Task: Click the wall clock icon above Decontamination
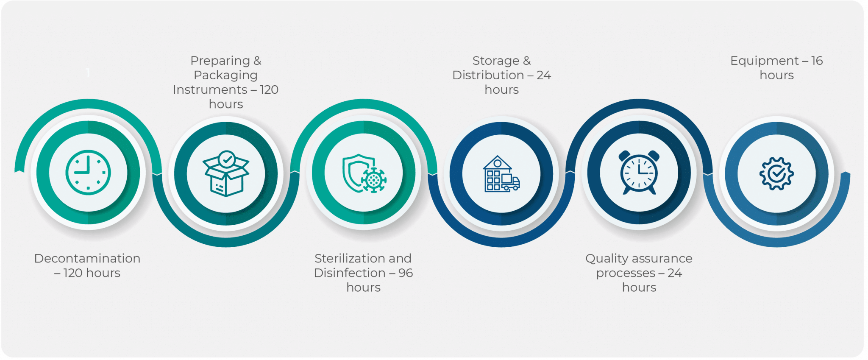(88, 172)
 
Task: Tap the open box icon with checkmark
(226, 173)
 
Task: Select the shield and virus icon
(364, 173)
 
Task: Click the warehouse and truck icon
(501, 173)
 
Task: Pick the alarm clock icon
(639, 172)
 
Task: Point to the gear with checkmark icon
(776, 173)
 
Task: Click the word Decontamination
(87, 258)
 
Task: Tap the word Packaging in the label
(225, 75)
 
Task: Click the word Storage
(496, 61)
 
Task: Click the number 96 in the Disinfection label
(406, 273)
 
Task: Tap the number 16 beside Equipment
(817, 61)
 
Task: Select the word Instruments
(210, 89)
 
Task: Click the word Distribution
(488, 75)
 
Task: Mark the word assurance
(663, 258)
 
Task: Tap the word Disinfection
(350, 273)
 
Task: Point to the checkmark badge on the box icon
(227, 159)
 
